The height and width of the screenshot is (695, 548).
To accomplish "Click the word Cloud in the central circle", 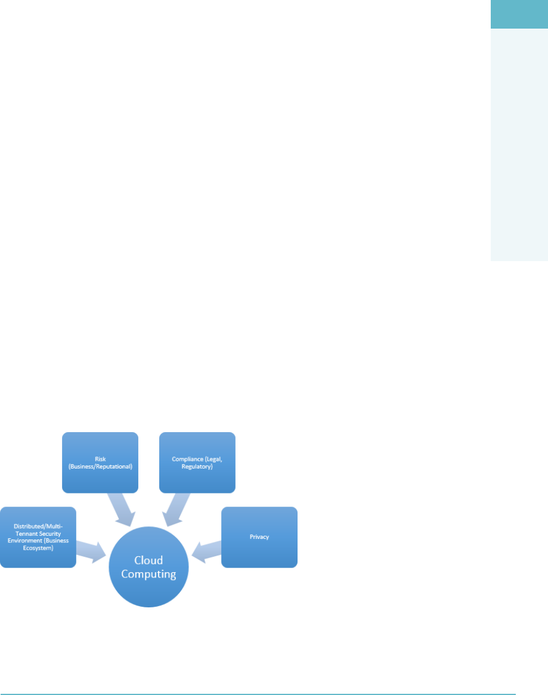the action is click(148, 560).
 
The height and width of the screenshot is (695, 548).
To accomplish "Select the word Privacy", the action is click(259, 537).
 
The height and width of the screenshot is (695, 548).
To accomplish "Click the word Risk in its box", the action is click(100, 459).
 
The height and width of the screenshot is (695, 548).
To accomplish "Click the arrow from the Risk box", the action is click(123, 510).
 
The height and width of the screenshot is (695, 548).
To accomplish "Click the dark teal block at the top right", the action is click(519, 14).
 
